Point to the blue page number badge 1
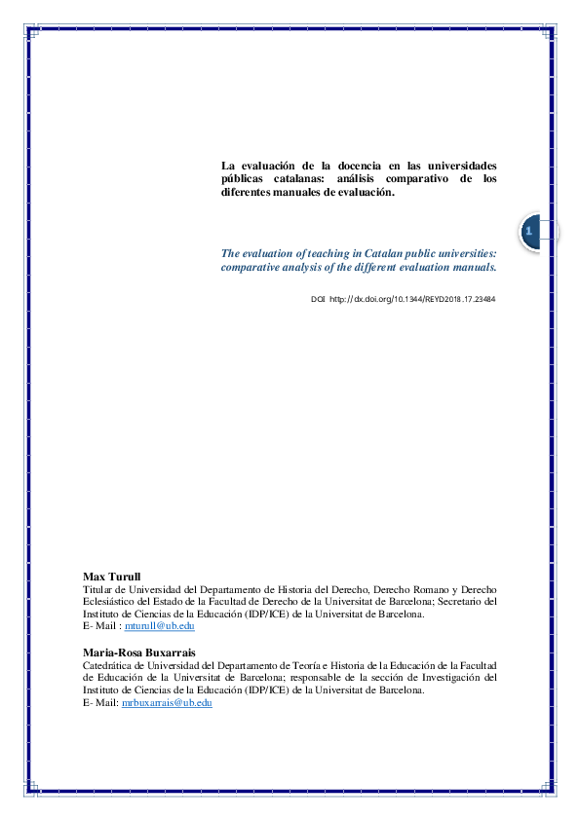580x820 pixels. (528, 232)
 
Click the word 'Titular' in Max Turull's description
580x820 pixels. (98, 590)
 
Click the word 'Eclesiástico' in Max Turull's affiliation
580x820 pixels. (109, 602)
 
